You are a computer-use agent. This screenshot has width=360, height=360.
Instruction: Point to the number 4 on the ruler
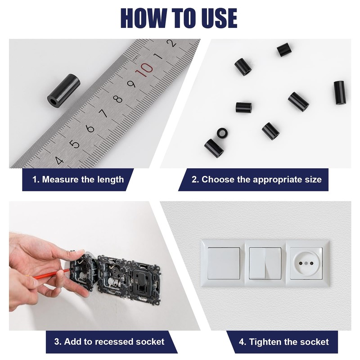click(59, 160)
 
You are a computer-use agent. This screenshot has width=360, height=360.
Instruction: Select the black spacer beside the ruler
click(63, 90)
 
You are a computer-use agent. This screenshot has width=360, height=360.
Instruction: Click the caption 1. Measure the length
click(78, 180)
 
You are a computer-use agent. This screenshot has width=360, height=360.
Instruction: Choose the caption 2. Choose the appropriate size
click(256, 180)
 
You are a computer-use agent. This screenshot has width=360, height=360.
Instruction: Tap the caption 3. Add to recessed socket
click(109, 342)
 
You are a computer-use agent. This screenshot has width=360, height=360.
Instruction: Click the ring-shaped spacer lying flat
click(221, 133)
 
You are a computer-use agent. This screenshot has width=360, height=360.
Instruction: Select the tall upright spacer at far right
click(339, 92)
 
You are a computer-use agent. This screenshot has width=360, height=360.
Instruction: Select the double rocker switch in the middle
click(265, 263)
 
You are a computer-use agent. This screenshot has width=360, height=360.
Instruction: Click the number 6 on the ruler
click(90, 129)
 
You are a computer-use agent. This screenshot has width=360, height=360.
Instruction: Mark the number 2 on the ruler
click(171, 44)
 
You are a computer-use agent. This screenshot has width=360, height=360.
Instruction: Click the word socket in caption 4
click(314, 342)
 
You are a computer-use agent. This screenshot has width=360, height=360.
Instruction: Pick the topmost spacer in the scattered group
click(284, 49)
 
